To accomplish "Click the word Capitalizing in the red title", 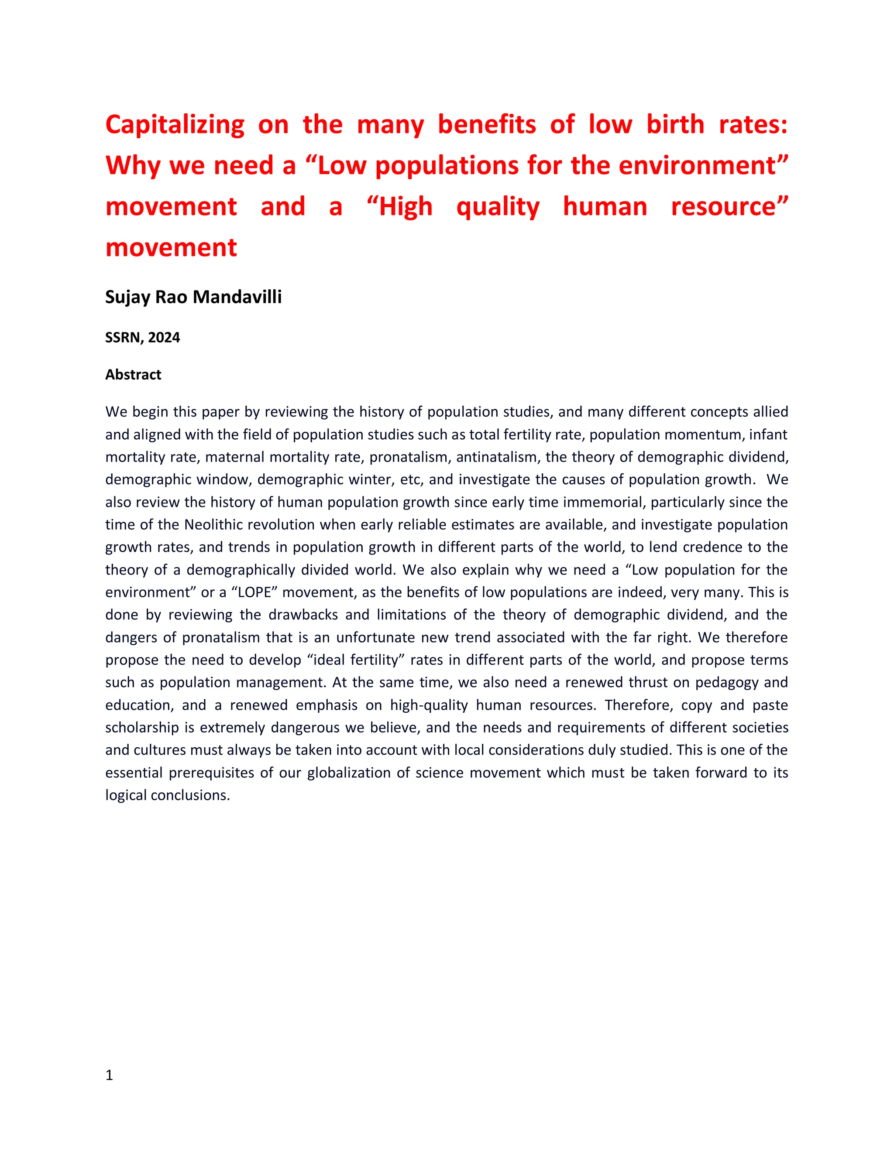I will coord(175,126).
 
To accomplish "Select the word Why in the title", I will coord(132,166).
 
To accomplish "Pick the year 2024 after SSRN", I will coord(164,338).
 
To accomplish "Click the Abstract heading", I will coord(133,375).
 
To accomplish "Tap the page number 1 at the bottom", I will coord(109,1075).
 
